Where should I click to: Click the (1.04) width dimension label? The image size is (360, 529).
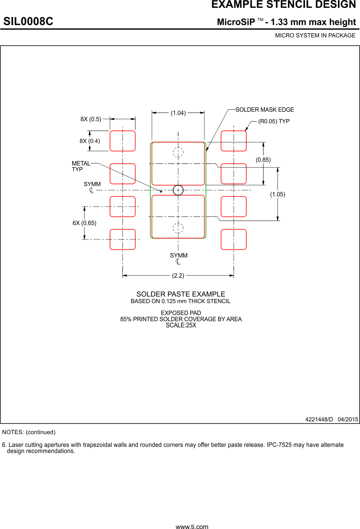point(178,113)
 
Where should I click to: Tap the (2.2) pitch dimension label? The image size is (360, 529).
point(178,276)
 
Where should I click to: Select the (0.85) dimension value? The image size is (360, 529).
point(263,160)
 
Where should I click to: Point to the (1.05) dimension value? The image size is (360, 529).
point(277,194)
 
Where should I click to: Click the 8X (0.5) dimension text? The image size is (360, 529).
point(91,119)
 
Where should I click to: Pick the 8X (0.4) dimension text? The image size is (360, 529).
point(90,141)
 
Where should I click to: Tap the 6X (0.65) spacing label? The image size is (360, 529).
point(84,223)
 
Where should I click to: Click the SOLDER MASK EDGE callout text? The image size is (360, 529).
point(265,110)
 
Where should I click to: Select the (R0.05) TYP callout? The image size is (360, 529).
point(274,121)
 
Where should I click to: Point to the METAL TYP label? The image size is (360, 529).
point(81,166)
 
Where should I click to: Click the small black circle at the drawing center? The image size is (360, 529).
point(178,190)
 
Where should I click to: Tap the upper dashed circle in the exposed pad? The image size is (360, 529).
point(178,152)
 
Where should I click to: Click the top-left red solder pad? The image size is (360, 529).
point(122,141)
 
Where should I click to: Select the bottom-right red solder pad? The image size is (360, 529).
point(234,239)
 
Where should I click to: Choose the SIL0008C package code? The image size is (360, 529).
point(28,22)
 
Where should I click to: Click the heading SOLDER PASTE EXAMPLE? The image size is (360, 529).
point(181,294)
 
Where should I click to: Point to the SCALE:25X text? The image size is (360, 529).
point(181,325)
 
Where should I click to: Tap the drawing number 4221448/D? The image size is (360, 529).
point(319,419)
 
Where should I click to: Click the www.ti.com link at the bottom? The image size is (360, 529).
point(192,527)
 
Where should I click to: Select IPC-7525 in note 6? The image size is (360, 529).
point(280,445)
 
